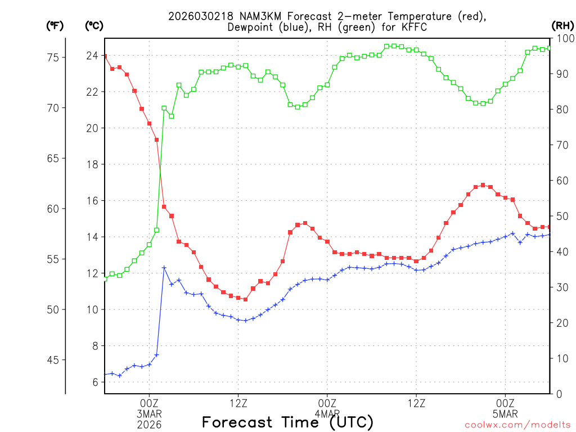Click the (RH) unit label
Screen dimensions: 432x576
(562, 25)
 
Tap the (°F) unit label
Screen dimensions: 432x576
(55, 25)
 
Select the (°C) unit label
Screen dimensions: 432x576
(94, 25)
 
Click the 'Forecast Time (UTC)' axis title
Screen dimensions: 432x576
(287, 422)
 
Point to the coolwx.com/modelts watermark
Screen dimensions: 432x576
(517, 425)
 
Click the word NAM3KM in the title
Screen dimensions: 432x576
(249, 16)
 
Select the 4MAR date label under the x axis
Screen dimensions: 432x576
(327, 414)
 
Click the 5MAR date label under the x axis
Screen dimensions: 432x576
(505, 414)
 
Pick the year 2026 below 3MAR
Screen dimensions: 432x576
(149, 424)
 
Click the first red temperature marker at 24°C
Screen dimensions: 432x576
(105, 56)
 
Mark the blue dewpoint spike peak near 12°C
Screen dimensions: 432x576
(164, 268)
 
